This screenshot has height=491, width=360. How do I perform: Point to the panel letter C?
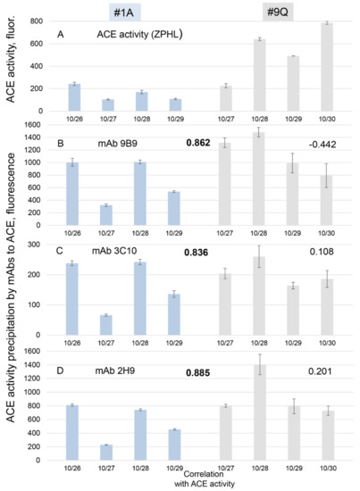[59, 254]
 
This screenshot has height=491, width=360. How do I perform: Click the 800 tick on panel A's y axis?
[43, 20]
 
